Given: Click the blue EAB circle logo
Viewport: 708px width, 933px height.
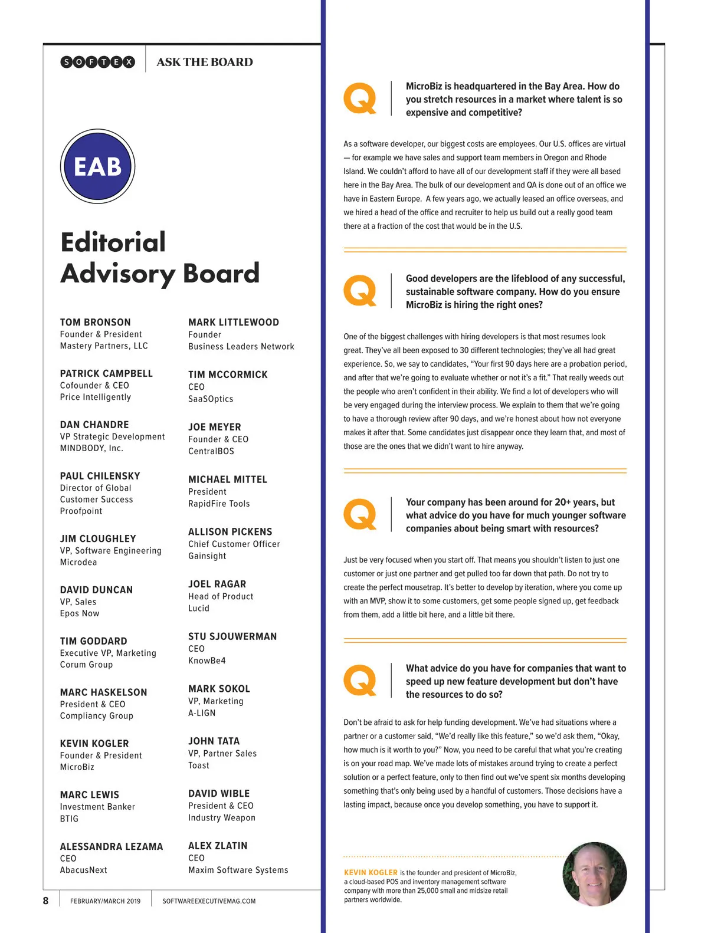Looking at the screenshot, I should (x=98, y=166).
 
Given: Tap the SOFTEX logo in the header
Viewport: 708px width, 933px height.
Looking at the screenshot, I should (x=98, y=62).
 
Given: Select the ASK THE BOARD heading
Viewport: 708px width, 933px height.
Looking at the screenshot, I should (x=205, y=62).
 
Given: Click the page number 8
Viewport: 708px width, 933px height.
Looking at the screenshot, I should (x=46, y=901).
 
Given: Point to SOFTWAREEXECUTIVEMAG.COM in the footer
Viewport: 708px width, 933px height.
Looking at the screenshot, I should (x=209, y=901).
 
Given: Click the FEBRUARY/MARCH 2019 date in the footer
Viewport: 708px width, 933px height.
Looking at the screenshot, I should (x=105, y=901).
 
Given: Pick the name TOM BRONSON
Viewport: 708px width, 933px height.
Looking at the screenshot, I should (x=96, y=322).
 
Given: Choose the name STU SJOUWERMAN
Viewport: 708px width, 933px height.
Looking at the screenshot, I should (x=232, y=636).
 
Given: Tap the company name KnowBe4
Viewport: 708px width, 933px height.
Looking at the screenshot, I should (x=207, y=661).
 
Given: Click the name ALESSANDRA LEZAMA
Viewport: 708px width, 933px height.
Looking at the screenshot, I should (x=112, y=846).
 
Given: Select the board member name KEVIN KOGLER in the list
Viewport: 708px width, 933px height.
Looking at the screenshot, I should (x=94, y=744).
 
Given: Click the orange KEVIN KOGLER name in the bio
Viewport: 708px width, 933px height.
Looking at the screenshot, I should (x=371, y=872).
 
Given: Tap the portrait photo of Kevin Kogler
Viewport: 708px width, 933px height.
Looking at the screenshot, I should (x=594, y=874).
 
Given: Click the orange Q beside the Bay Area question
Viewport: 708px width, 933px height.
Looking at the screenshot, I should (x=360, y=98).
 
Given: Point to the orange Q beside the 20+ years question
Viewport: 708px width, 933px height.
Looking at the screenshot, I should (x=360, y=514).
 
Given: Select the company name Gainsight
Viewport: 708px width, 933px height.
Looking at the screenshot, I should (x=207, y=556).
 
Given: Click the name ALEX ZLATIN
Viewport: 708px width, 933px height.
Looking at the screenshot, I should (x=218, y=846).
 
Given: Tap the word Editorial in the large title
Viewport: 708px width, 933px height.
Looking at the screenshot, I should (x=113, y=242).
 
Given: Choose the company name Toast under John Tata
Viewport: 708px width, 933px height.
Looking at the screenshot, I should (x=199, y=766).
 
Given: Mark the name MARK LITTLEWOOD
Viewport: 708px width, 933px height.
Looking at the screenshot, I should (x=234, y=322).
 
